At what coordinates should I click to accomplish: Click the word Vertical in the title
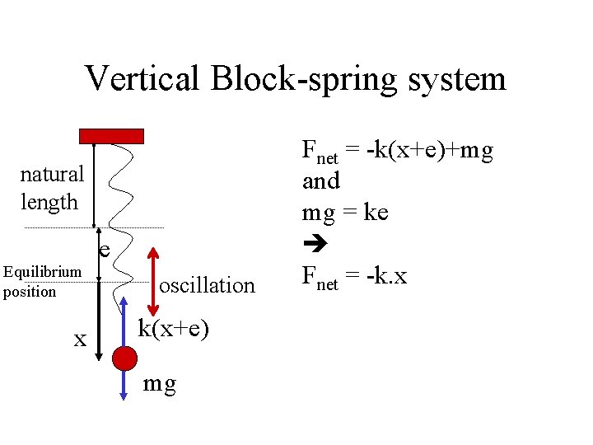pos(143,79)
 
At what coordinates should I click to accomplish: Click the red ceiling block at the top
pos(111,136)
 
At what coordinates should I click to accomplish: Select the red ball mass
pos(124,358)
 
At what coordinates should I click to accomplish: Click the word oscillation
pos(207,286)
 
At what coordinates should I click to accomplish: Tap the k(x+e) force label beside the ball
pos(173,328)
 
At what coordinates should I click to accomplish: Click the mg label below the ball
pos(159,384)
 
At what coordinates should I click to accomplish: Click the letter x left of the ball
pos(80,339)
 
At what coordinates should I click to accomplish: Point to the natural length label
pos(51,188)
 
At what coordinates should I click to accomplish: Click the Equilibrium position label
pos(42,281)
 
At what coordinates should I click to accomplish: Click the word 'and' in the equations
pos(320,180)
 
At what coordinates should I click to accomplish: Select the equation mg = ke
pos(344,213)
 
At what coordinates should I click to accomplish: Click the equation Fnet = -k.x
pos(354,277)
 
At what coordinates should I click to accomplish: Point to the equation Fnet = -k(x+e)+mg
pos(397,151)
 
